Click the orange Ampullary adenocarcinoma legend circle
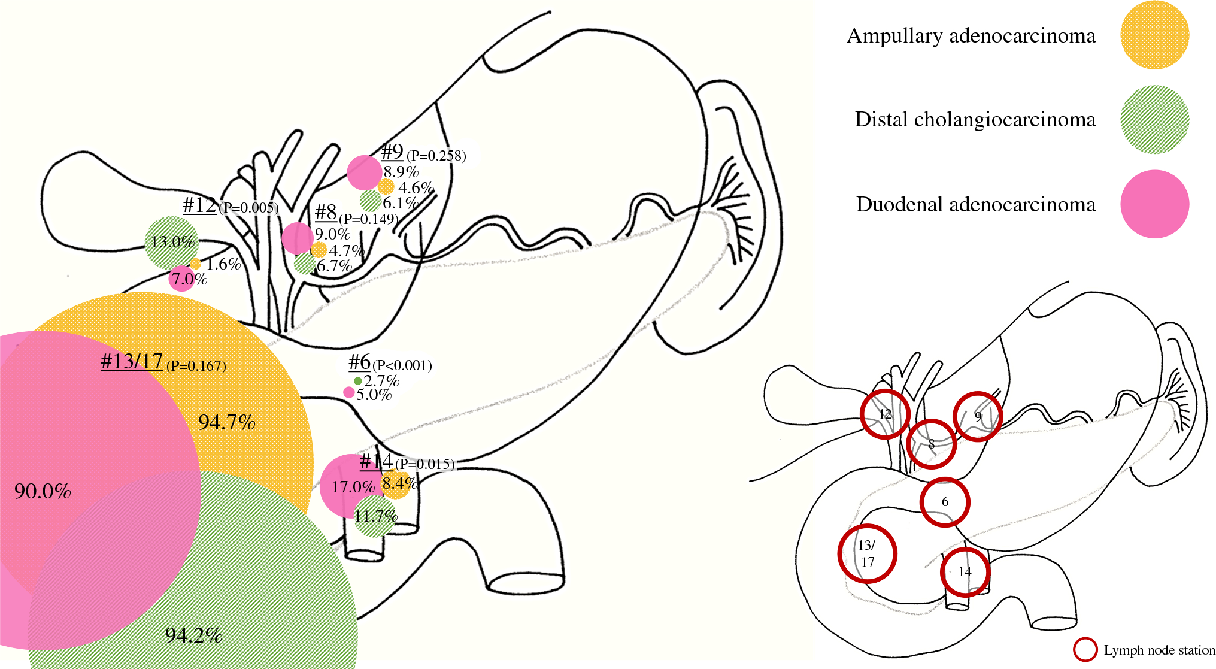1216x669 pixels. pyautogui.click(x=1154, y=35)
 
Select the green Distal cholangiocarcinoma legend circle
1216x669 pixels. pyautogui.click(x=1154, y=119)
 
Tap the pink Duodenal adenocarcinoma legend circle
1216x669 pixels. pyautogui.click(x=1154, y=204)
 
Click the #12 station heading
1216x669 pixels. pyautogui.click(x=199, y=205)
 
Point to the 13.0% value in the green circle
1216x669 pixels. pyautogui.click(x=172, y=242)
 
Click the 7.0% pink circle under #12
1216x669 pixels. pyautogui.click(x=181, y=279)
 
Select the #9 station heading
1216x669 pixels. pyautogui.click(x=392, y=152)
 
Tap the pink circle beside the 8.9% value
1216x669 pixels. pyautogui.click(x=364, y=172)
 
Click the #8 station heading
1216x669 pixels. pyautogui.click(x=326, y=212)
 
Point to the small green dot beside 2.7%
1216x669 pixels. pyautogui.click(x=357, y=381)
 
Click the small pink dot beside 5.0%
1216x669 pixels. pyautogui.click(x=348, y=393)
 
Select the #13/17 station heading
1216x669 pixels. pyautogui.click(x=132, y=362)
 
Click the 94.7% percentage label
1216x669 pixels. pyautogui.click(x=227, y=422)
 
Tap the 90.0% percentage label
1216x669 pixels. pyautogui.click(x=43, y=491)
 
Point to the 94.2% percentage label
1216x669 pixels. pyautogui.click(x=193, y=635)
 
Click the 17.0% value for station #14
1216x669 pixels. pyautogui.click(x=353, y=486)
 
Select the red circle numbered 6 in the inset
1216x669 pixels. pyautogui.click(x=944, y=502)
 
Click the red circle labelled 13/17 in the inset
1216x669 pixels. pyautogui.click(x=867, y=553)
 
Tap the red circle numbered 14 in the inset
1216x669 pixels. pyautogui.click(x=965, y=572)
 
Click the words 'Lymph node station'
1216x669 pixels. pyautogui.click(x=1159, y=650)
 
